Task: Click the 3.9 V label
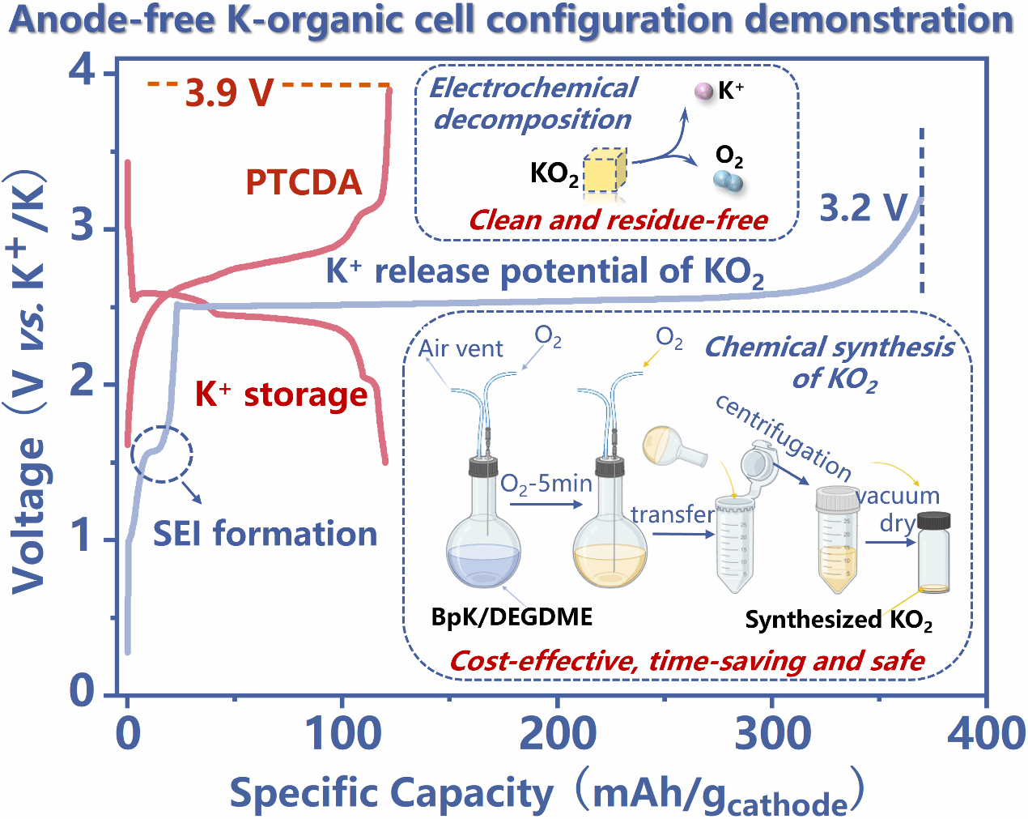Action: (229, 92)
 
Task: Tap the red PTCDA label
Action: (304, 182)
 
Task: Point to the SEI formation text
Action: (265, 534)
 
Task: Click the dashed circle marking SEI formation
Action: (162, 454)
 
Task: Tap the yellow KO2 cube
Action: (604, 172)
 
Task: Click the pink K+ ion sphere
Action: (704, 91)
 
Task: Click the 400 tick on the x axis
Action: (986, 733)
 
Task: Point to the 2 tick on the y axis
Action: (82, 382)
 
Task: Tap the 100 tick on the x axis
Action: (342, 733)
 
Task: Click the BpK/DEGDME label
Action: (512, 617)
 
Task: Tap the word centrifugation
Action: (783, 437)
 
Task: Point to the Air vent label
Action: (461, 348)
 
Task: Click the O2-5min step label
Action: (546, 484)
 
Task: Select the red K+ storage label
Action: (281, 395)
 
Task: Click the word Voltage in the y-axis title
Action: (28, 514)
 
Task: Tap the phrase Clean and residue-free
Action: (618, 220)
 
